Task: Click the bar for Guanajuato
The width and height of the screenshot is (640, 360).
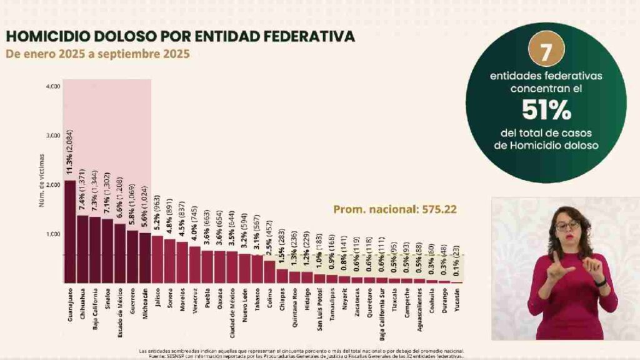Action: (x=70, y=232)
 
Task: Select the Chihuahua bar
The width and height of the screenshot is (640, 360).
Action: (x=82, y=249)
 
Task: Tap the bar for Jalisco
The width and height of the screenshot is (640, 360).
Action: (x=157, y=259)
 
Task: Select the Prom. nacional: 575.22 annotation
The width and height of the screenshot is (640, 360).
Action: (x=394, y=209)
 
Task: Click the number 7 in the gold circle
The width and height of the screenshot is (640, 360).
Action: (x=546, y=52)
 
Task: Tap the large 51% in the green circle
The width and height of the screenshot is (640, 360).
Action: (x=546, y=111)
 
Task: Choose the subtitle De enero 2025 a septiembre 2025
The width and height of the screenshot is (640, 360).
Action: (x=97, y=54)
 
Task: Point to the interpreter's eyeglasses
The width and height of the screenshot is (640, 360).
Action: (x=567, y=226)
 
